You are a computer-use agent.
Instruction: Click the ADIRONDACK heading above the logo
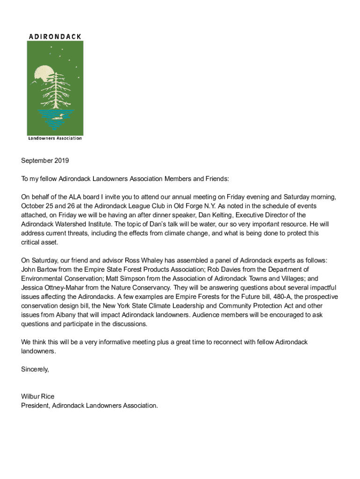pos(55,36)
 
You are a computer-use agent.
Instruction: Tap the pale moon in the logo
pos(43,74)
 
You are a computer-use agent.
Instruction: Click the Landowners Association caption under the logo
pos(55,138)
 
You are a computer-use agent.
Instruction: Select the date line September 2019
pos(45,160)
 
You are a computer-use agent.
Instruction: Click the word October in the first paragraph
pos(33,206)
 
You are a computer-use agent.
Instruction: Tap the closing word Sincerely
pos(35,370)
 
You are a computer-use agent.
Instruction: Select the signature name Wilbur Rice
pos(38,397)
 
